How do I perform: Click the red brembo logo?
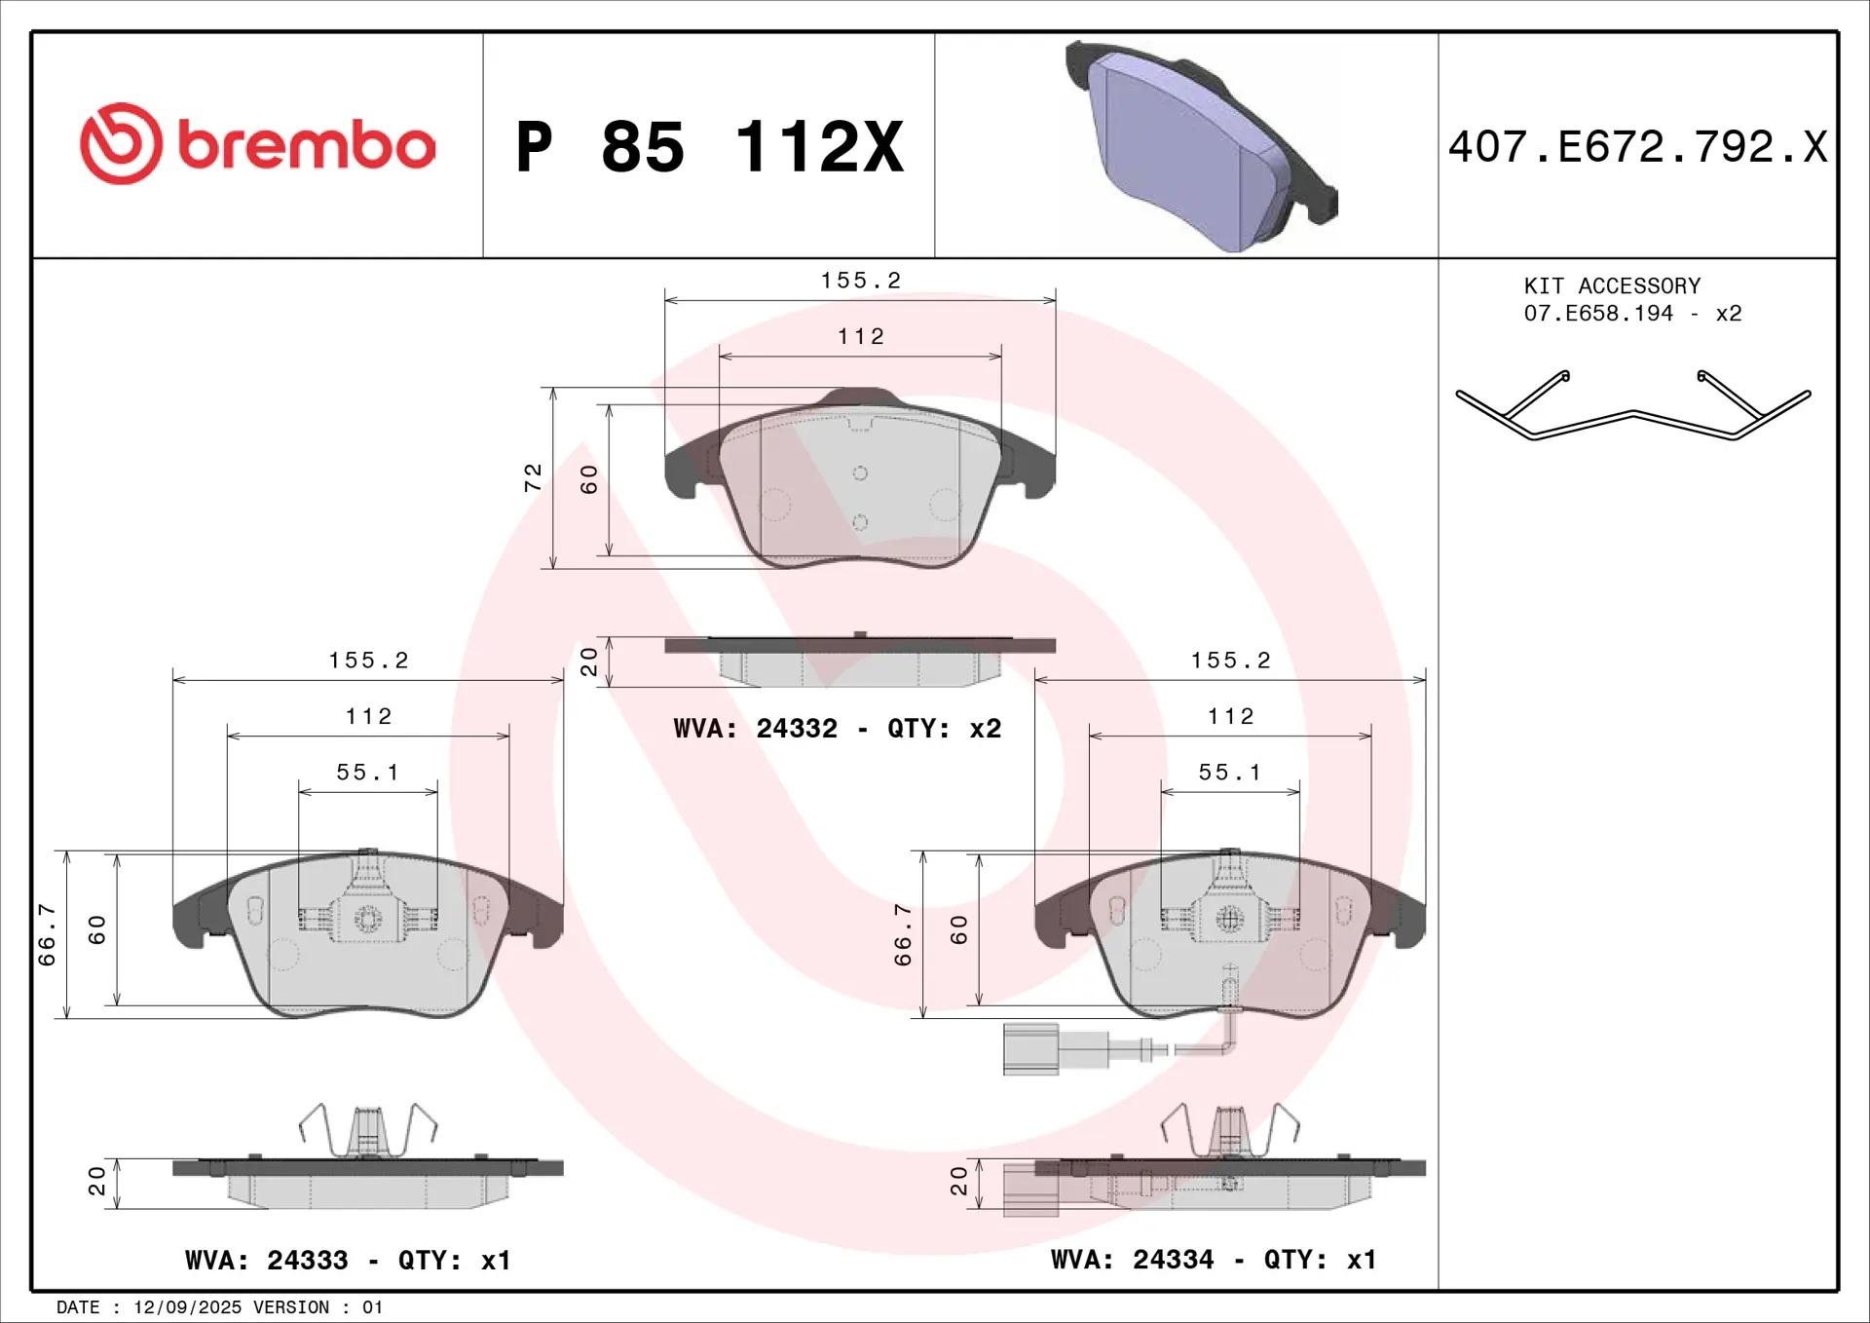pos(258,144)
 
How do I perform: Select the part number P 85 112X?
pos(710,147)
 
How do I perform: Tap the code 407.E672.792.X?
pos(1637,147)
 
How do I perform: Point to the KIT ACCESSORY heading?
pos(1612,285)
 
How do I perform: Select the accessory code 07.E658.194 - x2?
pos(1632,313)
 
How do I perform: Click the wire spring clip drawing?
pos(1633,405)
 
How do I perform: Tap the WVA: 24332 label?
pos(755,728)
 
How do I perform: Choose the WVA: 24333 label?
pos(266,1260)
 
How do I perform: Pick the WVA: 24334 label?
pos(1132,1260)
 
